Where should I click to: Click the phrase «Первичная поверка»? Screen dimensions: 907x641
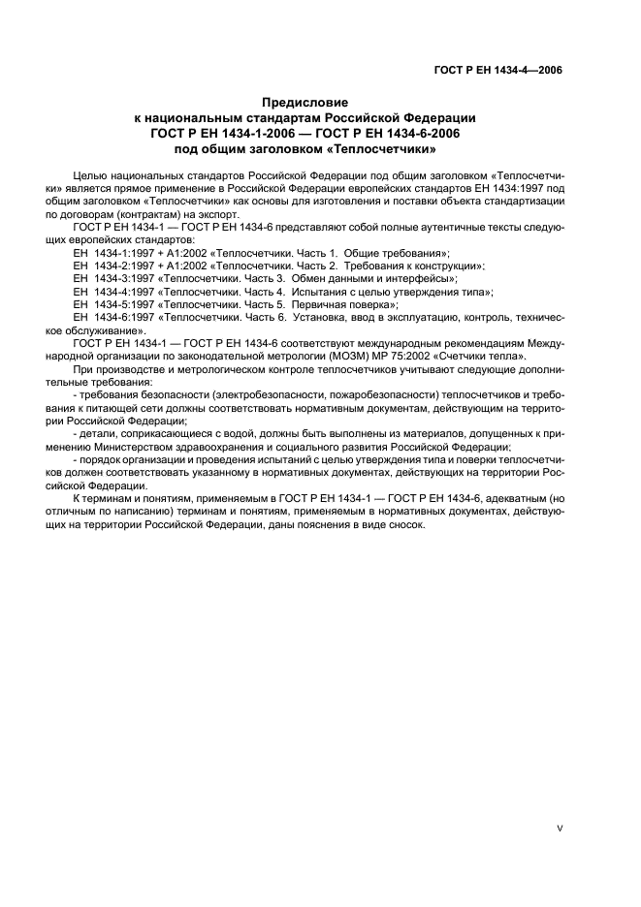(343, 304)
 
